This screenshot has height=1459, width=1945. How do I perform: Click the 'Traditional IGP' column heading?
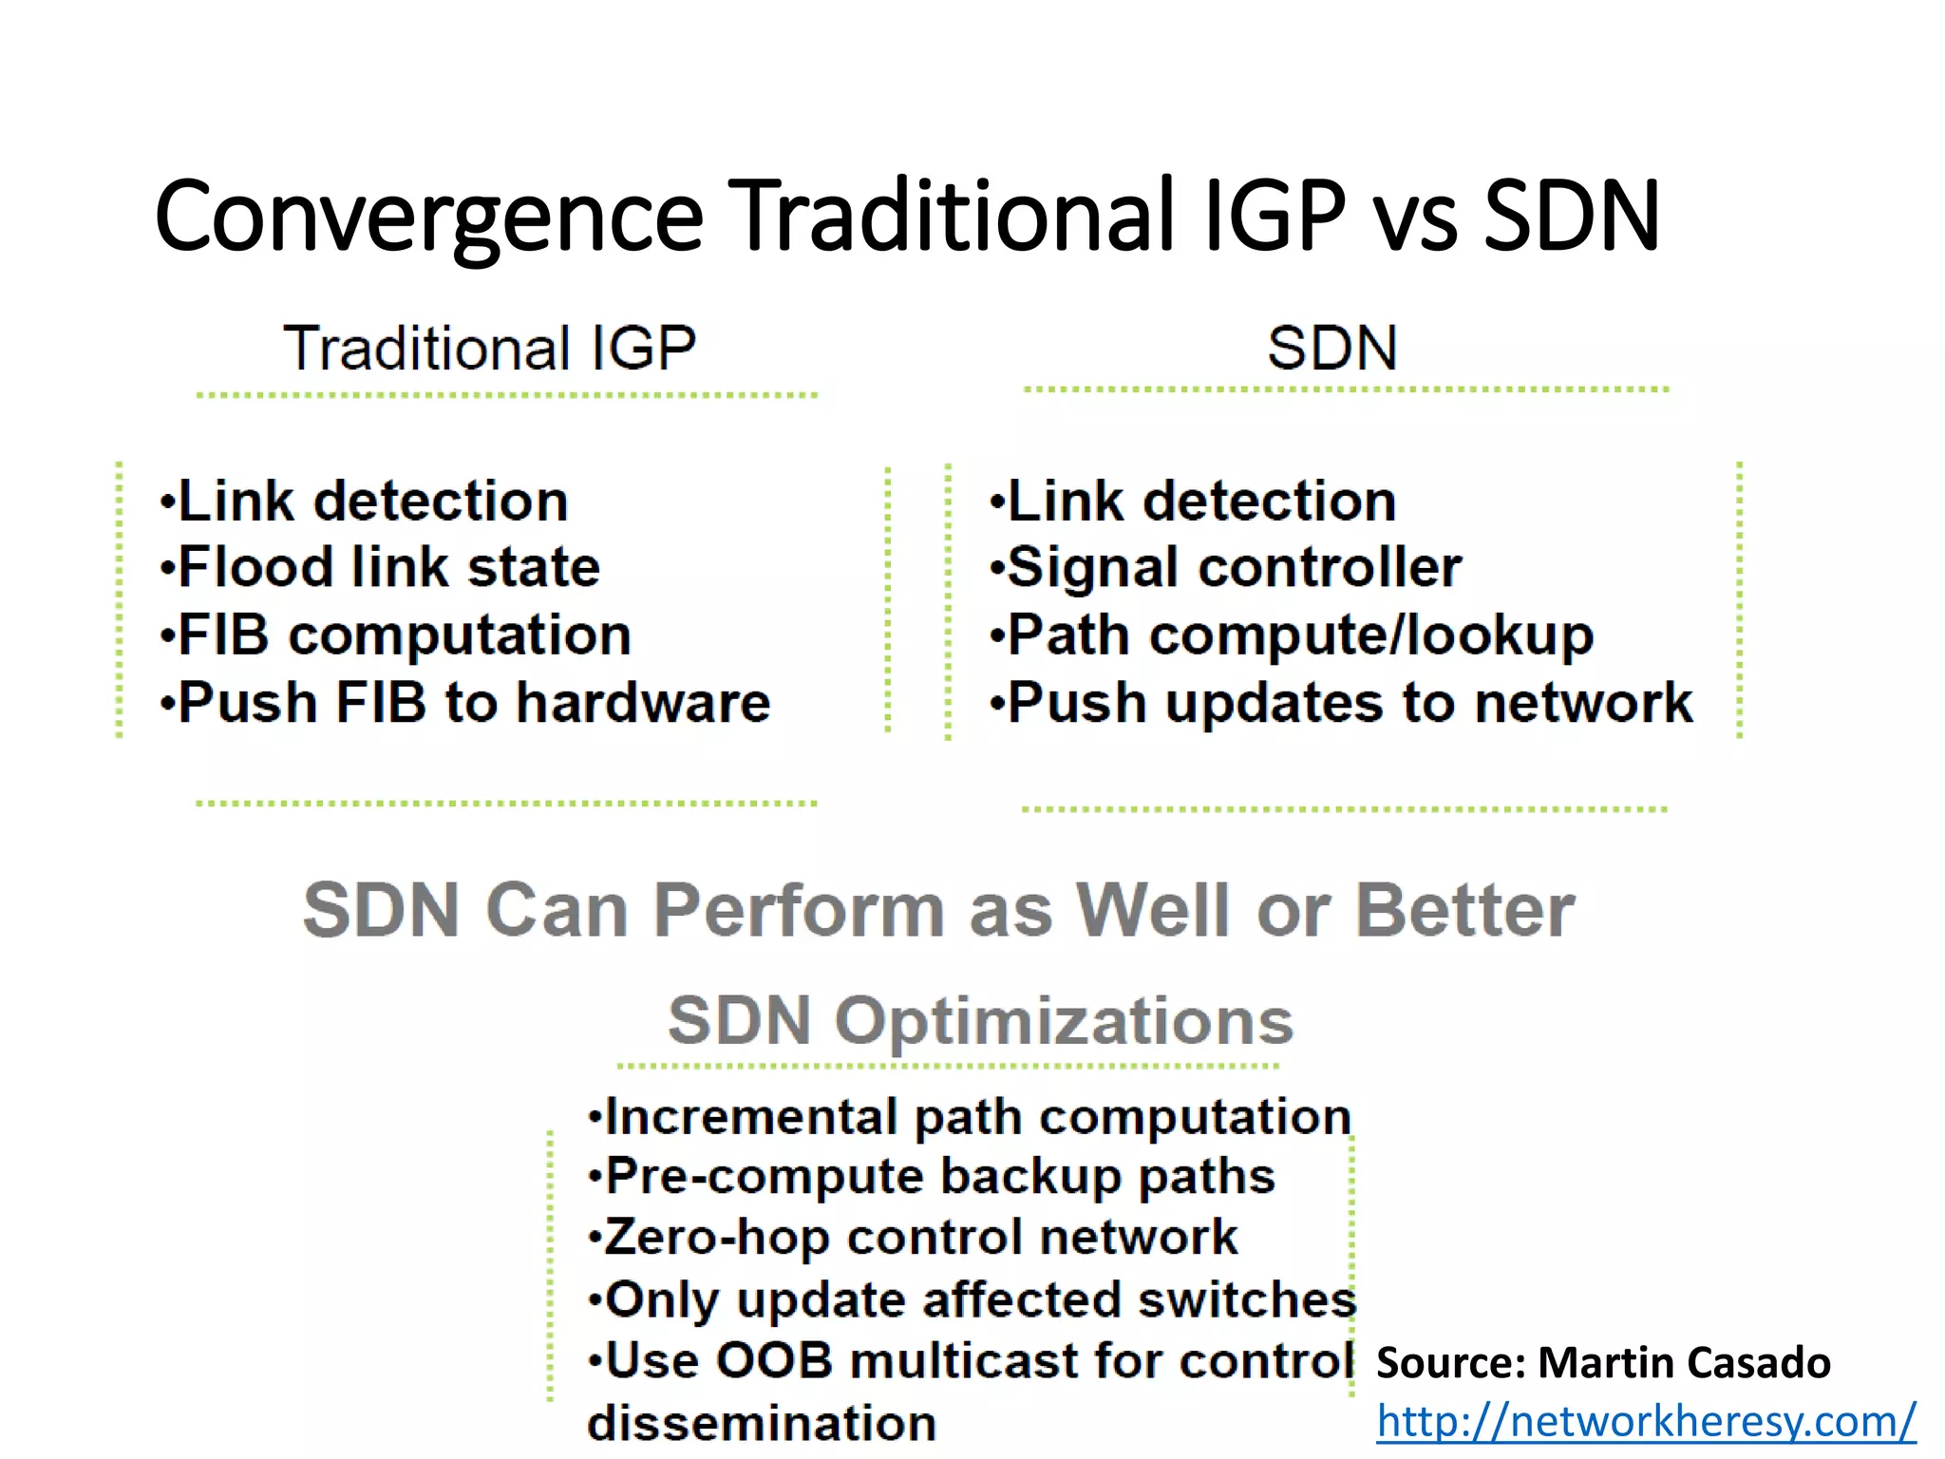(490, 348)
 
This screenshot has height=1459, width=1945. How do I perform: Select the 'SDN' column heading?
(1331, 348)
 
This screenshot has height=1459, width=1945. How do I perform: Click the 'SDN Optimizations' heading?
(980, 1021)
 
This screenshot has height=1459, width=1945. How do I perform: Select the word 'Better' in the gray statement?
(1464, 910)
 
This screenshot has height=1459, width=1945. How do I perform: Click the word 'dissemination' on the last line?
(762, 1423)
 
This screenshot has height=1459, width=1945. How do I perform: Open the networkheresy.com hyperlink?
(1646, 1421)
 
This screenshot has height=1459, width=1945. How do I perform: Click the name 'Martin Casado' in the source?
(1683, 1362)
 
